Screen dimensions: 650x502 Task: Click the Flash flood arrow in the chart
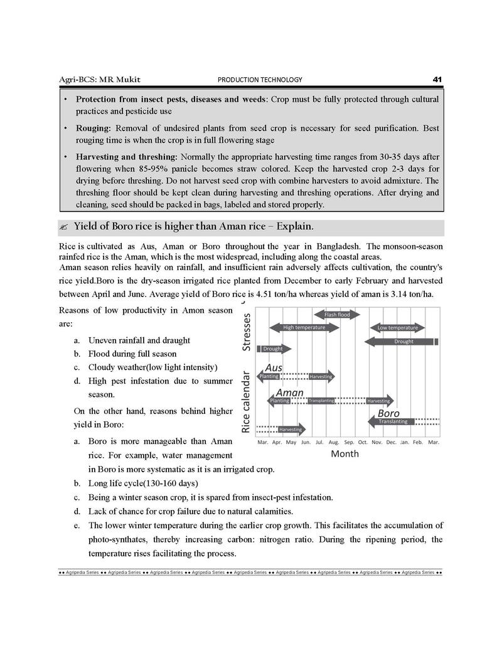click(337, 315)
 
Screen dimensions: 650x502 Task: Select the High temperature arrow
click(304, 328)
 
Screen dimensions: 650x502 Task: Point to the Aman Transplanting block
click(321, 401)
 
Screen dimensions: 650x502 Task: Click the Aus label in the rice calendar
click(274, 367)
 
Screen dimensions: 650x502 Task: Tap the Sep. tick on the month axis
click(350, 442)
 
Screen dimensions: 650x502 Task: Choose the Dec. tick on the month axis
click(392, 442)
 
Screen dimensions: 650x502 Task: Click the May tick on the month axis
click(291, 442)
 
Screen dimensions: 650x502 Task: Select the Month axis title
click(344, 453)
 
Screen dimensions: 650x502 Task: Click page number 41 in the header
click(437, 79)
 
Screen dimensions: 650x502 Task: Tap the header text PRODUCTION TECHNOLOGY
click(260, 80)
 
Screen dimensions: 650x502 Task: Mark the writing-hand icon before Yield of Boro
click(65, 227)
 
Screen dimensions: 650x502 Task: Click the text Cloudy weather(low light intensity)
click(152, 367)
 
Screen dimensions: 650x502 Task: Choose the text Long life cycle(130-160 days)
click(143, 484)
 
